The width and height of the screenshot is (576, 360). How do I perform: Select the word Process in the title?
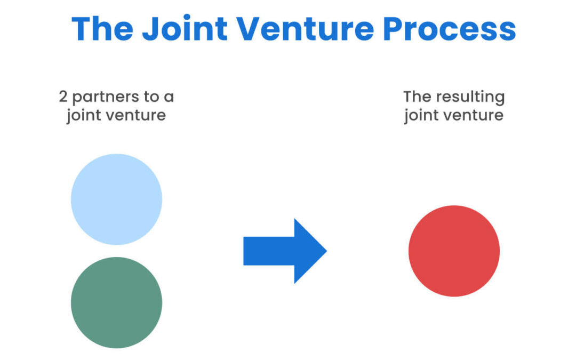click(450, 29)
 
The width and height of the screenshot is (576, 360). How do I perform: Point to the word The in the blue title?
click(102, 29)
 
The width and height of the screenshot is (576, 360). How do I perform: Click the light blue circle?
click(116, 199)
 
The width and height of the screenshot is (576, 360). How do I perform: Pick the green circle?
click(116, 302)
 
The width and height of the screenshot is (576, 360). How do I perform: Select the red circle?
click(454, 251)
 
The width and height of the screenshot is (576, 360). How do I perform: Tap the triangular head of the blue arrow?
click(309, 251)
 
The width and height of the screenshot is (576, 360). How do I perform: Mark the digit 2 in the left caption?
click(63, 97)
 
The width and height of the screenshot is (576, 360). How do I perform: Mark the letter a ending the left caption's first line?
click(170, 98)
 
